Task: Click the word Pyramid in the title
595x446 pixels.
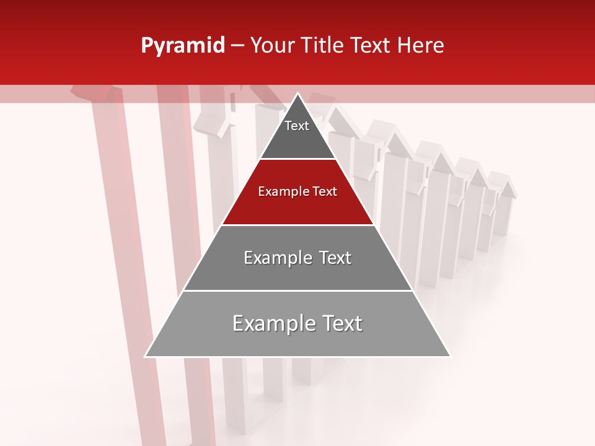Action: (182, 46)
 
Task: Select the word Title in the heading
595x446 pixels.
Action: (326, 46)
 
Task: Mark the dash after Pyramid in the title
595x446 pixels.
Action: (237, 46)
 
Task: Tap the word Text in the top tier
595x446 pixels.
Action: (296, 126)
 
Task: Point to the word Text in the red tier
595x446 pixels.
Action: (325, 191)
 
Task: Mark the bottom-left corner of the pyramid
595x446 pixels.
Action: (146, 356)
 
